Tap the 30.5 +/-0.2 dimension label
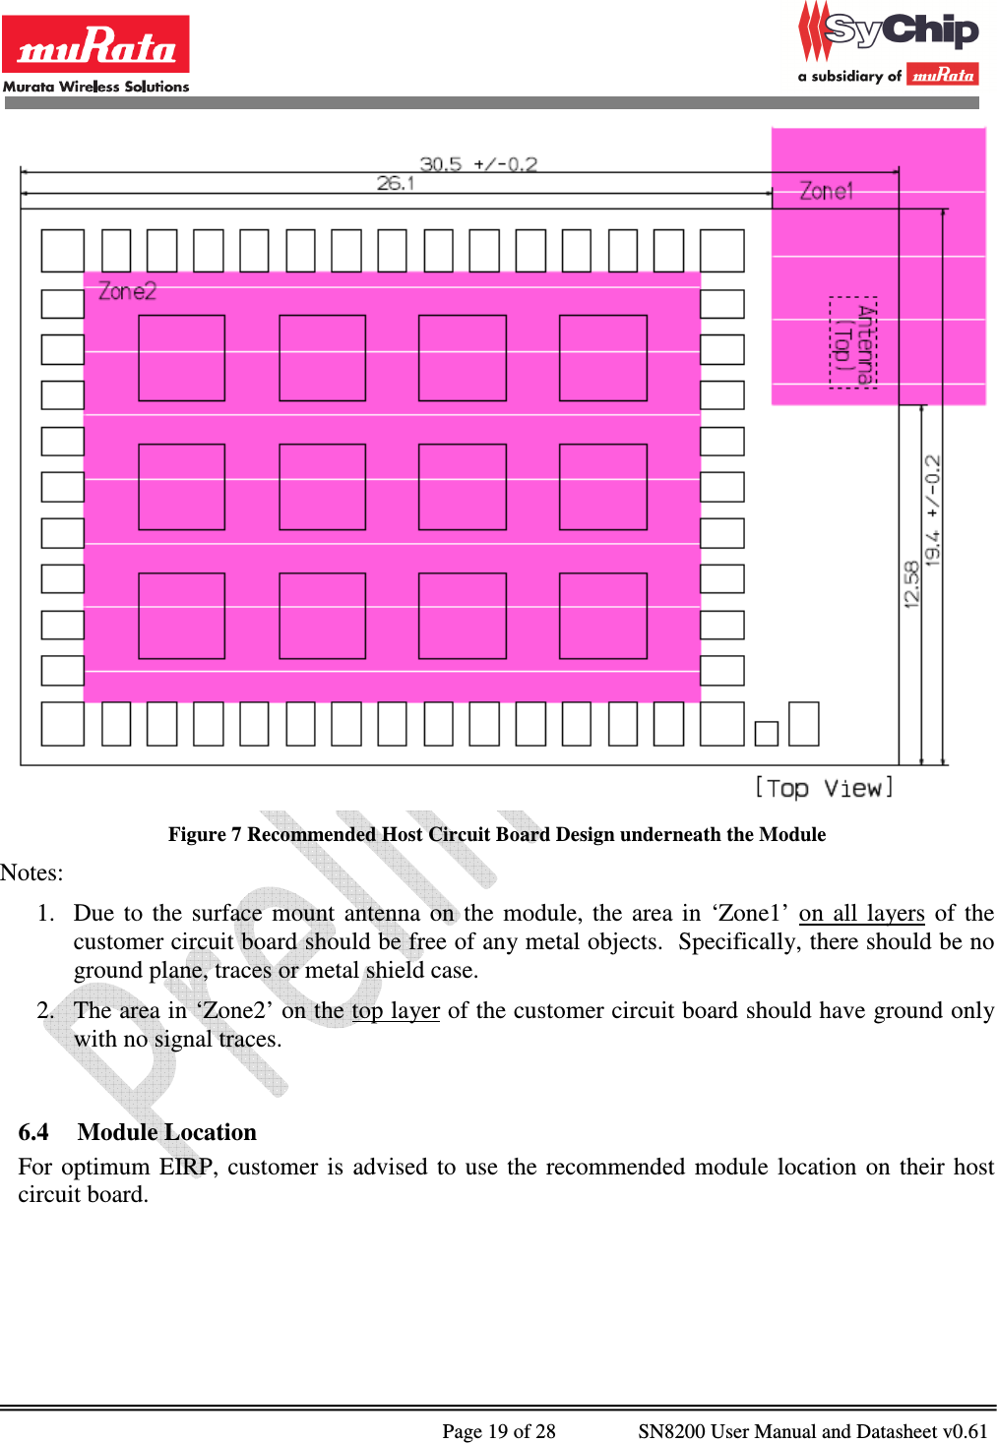478,163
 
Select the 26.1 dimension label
396,183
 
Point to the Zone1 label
826,191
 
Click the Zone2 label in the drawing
127,291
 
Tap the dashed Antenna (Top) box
852,342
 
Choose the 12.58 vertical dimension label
911,584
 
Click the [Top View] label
824,788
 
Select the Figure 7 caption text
496,834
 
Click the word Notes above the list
31,872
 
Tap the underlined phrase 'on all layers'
861,913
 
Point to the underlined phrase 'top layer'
396,1010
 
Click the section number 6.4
33,1132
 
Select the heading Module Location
167,1132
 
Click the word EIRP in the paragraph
186,1167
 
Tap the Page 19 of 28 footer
498,1431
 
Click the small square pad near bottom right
766,733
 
